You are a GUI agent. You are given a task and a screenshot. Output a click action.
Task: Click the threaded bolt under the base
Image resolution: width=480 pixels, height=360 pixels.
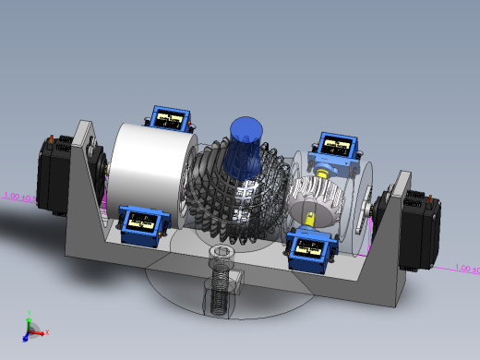(219, 288)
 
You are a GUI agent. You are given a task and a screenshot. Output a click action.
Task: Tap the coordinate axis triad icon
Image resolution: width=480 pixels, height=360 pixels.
(33, 328)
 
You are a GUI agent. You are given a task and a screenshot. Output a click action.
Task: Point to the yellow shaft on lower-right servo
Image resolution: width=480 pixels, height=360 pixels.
(311, 220)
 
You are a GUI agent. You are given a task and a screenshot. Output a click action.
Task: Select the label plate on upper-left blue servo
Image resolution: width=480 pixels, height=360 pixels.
(168, 118)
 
